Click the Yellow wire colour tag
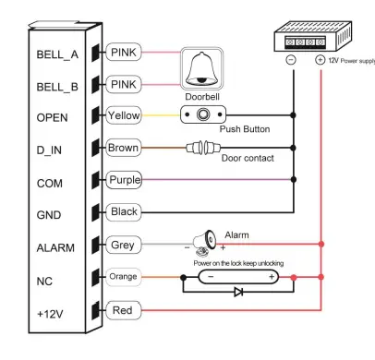tap(124, 115)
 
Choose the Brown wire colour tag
tap(124, 148)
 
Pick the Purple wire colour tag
tap(125, 179)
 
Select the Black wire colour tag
tap(124, 212)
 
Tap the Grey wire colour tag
tap(123, 246)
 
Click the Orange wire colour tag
tap(124, 276)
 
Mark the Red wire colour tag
tap(123, 310)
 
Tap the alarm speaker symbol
tap(203, 245)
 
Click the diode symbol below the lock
tap(238, 293)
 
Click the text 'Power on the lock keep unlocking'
tap(238, 262)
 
